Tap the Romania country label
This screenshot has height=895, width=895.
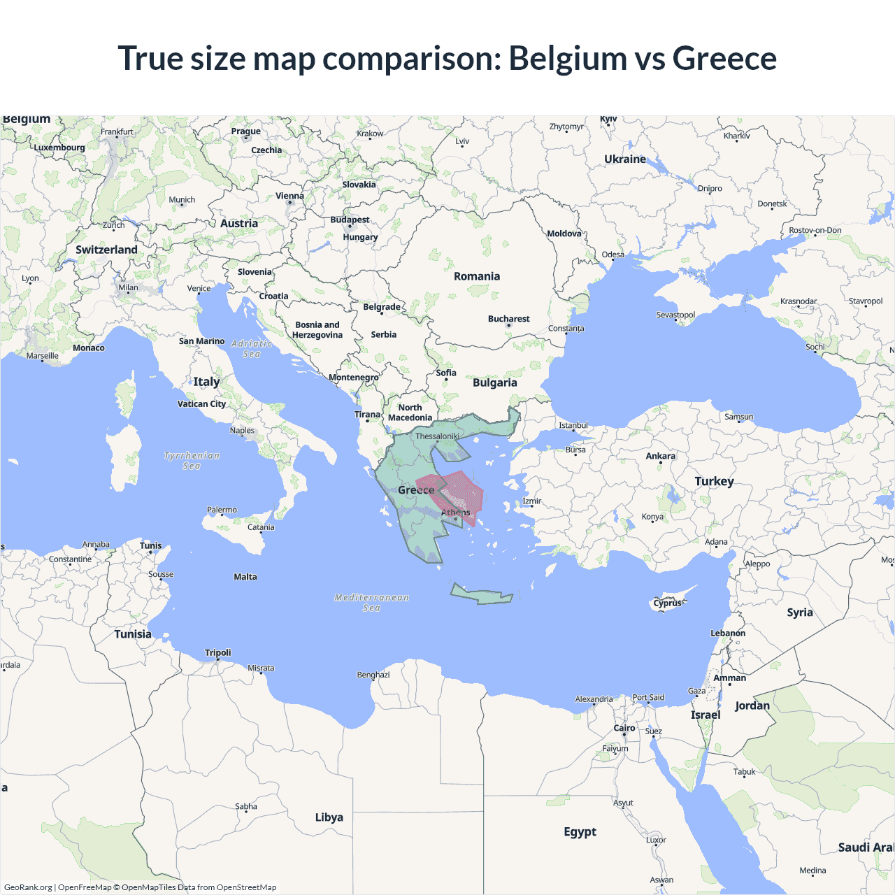[x=477, y=276]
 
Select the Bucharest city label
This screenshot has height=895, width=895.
[x=508, y=319]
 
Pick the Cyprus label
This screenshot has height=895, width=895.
[x=667, y=603]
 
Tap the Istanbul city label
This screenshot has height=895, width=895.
[x=573, y=425]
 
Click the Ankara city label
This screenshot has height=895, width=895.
[x=660, y=456]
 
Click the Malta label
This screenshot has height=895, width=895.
[x=245, y=577]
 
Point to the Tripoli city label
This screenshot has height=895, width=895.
[x=217, y=652]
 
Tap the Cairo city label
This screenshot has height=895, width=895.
[x=624, y=728]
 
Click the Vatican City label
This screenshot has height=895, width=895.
[x=201, y=403]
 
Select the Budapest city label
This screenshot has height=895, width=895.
[x=350, y=220]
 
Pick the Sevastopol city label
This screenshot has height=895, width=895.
[x=675, y=315]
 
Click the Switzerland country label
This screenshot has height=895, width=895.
[x=106, y=250]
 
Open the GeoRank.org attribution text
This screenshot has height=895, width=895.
[x=28, y=887]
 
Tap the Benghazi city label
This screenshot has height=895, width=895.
[x=373, y=675]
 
